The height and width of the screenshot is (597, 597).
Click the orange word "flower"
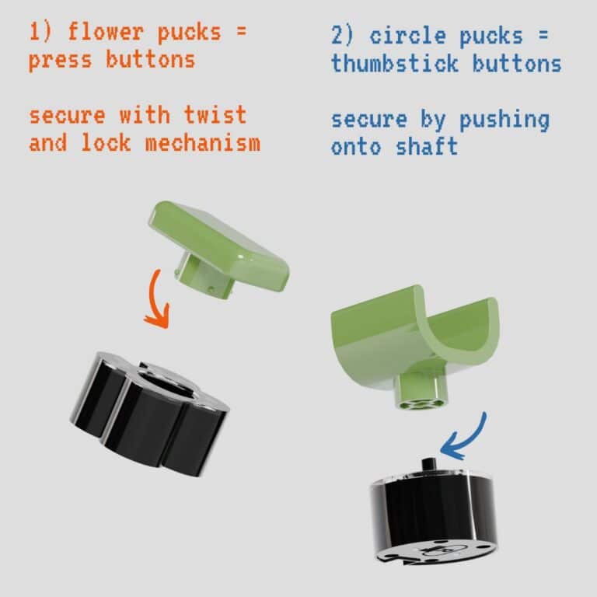click(106, 32)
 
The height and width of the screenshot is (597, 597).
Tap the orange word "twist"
click(215, 114)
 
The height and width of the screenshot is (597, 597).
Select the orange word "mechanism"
click(203, 143)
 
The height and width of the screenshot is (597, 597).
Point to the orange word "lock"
click(106, 143)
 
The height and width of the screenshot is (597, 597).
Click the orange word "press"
click(60, 61)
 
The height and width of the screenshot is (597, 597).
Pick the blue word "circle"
click(408, 36)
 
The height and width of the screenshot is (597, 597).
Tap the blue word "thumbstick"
click(394, 63)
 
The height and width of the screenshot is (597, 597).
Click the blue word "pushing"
click(504, 120)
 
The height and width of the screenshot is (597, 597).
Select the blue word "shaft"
click(427, 147)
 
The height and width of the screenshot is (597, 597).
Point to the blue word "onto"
click(356, 148)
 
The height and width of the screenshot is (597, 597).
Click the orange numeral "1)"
click(40, 32)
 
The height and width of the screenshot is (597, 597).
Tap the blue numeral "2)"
click(343, 36)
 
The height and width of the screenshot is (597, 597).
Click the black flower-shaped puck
click(149, 413)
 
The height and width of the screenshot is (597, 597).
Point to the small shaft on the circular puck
click(429, 465)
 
